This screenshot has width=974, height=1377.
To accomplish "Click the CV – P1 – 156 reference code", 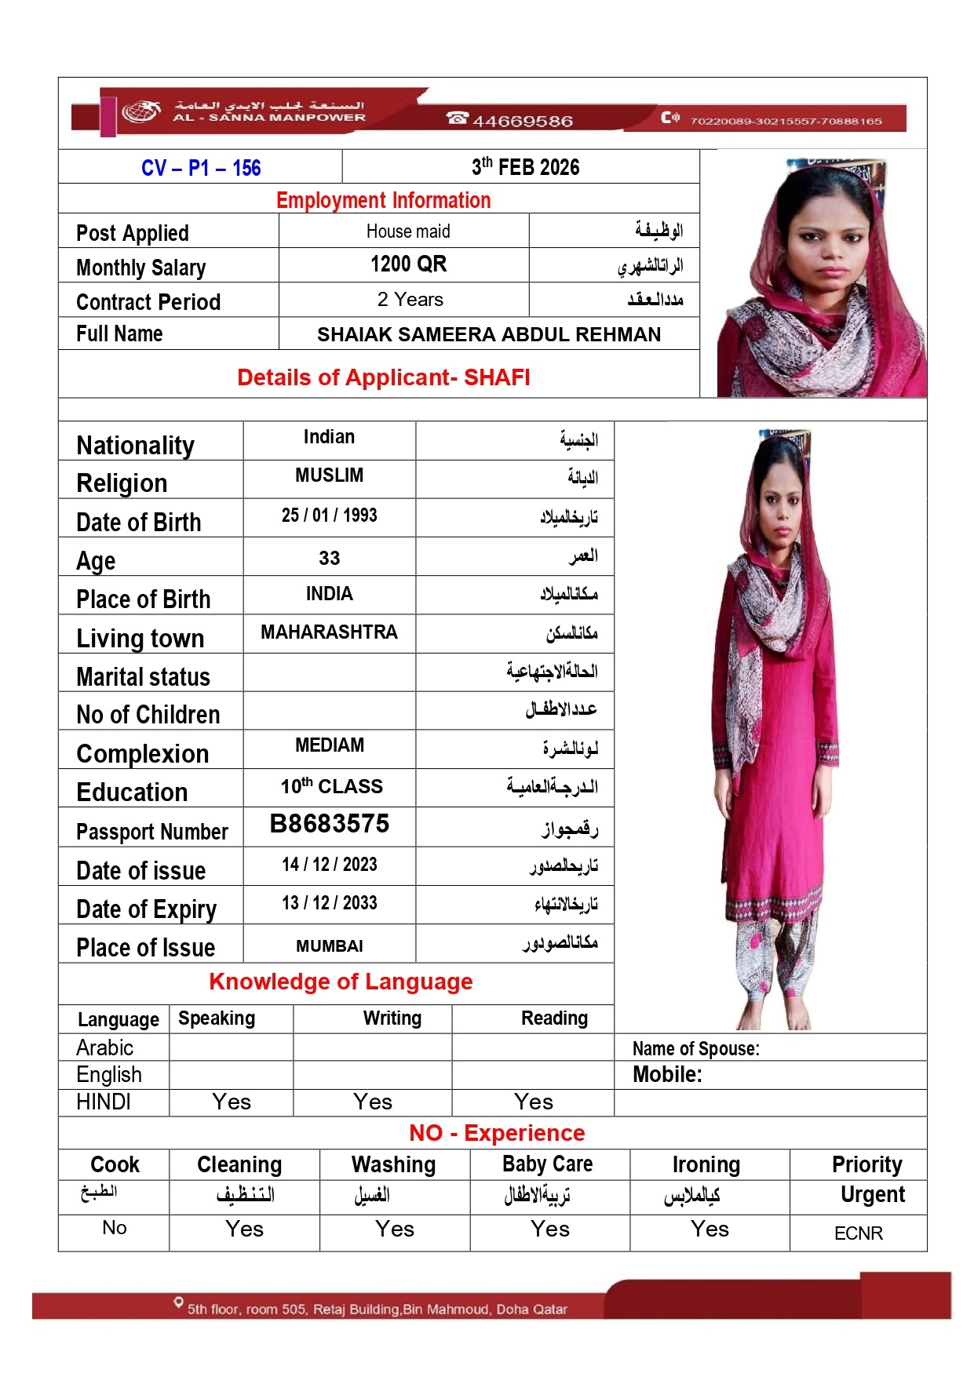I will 201,168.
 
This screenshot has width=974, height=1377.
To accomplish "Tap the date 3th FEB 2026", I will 525,167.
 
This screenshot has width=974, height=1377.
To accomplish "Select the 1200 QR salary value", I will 408,264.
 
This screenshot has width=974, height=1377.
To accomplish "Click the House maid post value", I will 408,231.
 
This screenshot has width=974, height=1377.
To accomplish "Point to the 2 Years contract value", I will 410,300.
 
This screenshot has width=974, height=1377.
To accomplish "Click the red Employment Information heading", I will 383,201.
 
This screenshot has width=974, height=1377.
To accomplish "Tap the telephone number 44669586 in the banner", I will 522,121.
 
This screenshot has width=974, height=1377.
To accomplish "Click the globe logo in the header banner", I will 140,112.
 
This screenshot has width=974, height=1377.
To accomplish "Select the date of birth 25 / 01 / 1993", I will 329,515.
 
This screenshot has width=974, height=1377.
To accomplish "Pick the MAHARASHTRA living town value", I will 329,632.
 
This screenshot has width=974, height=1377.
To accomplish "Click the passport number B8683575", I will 329,824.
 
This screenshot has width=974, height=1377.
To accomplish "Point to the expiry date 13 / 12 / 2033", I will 329,903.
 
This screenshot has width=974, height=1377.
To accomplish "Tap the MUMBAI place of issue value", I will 329,946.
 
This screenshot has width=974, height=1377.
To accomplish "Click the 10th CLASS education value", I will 331,786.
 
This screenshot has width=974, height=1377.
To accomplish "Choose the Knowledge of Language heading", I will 341,982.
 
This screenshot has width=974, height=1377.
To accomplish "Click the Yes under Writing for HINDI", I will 373,1102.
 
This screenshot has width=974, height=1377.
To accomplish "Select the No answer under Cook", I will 115,1228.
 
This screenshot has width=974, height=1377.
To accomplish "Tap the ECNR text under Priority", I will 858,1233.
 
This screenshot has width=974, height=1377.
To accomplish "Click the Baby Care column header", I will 548,1164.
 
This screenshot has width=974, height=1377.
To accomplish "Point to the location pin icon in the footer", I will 179,1303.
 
